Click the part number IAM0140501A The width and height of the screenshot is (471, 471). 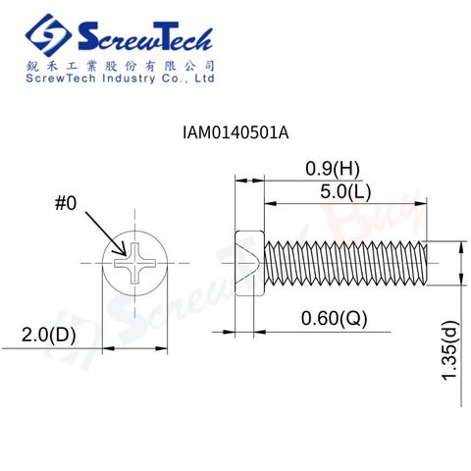235,132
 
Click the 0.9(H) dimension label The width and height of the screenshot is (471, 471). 333,169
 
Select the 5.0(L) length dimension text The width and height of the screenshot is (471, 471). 345,191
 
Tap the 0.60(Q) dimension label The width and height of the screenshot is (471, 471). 334,318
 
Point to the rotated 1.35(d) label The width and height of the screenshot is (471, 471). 450,350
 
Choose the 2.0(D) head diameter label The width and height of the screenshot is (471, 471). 48,335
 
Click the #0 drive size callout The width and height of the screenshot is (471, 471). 66,203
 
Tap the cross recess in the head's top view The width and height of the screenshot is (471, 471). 135,263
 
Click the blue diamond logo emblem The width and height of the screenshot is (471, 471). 48,35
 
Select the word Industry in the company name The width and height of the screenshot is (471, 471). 129,78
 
